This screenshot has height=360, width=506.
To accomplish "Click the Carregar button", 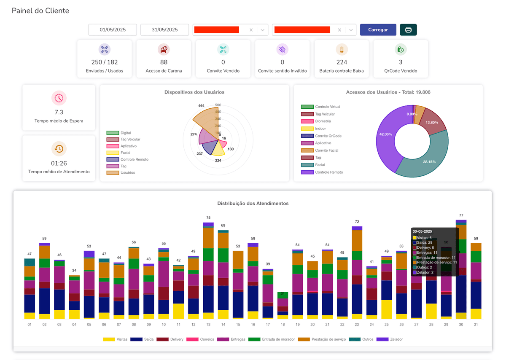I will [x=378, y=30].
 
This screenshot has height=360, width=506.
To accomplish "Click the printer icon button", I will [x=408, y=30].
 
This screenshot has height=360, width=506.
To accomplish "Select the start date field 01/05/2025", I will [x=113, y=30].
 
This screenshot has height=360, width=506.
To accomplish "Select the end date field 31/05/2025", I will [x=165, y=30].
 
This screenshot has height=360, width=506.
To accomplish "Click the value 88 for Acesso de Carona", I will [x=164, y=62].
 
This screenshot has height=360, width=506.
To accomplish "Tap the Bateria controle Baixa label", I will [x=341, y=71].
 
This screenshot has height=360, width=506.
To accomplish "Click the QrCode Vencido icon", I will [x=401, y=50].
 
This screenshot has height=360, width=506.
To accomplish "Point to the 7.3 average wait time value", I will [x=59, y=112].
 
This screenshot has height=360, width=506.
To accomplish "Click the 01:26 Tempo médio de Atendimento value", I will [x=59, y=163].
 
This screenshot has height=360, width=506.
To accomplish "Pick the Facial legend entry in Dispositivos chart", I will [x=125, y=153].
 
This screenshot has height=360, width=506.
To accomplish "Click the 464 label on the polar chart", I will [x=201, y=106].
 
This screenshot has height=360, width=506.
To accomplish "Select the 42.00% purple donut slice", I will [x=386, y=134].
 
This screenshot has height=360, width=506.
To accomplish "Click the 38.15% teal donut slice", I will [x=430, y=161].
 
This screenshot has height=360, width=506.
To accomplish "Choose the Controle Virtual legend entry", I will [x=327, y=107].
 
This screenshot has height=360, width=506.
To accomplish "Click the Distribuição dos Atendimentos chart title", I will [x=253, y=203].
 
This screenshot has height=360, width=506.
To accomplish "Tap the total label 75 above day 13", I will [x=208, y=218].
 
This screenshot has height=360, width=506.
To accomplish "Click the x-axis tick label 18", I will [x=283, y=325].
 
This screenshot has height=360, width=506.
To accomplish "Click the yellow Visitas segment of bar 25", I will [x=386, y=309].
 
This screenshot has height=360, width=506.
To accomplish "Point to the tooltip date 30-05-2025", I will [x=423, y=231].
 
